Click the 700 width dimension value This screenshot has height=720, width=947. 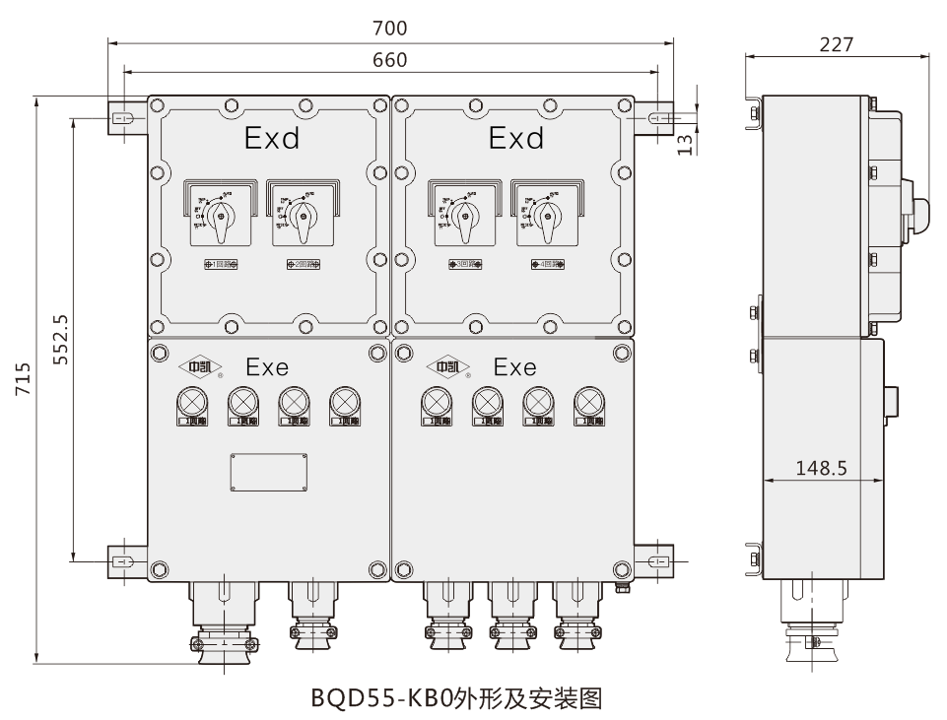pyautogui.click(x=390, y=30)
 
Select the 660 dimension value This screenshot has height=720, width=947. pyautogui.click(x=390, y=60)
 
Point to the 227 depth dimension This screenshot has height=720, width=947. pyautogui.click(x=837, y=44)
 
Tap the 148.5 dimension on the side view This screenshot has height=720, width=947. pyautogui.click(x=822, y=468)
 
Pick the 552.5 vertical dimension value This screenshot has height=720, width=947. pyautogui.click(x=61, y=340)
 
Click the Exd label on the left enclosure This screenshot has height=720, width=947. pyautogui.click(x=271, y=140)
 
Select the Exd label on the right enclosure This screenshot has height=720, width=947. pyautogui.click(x=515, y=140)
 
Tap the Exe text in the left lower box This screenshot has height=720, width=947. pyautogui.click(x=267, y=368)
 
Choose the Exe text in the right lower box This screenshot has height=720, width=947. pyautogui.click(x=514, y=368)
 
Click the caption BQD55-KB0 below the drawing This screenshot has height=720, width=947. pyautogui.click(x=455, y=699)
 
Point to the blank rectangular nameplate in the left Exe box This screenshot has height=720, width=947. pyautogui.click(x=269, y=472)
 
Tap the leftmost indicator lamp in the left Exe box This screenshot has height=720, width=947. pyautogui.click(x=190, y=402)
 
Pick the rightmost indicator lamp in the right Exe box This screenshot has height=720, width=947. pyautogui.click(x=587, y=402)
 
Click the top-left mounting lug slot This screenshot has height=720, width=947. pyautogui.click(x=125, y=118)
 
